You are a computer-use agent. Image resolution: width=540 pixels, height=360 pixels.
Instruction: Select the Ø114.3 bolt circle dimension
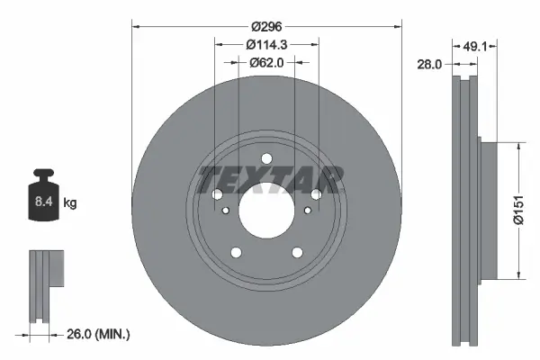(x=266, y=43)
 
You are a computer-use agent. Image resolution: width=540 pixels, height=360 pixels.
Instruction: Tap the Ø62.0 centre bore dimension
(x=266, y=62)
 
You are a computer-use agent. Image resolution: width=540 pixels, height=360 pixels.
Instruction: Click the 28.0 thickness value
(x=434, y=65)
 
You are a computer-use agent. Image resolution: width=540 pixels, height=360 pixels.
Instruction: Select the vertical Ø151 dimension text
(x=531, y=210)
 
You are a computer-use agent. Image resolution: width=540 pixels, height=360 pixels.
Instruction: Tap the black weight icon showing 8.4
(x=43, y=192)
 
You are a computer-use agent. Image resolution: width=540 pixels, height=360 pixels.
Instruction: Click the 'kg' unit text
(x=70, y=203)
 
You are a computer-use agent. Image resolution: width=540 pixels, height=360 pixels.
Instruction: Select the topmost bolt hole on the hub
(x=266, y=161)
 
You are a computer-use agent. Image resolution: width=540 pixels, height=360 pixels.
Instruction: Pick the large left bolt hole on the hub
(x=217, y=195)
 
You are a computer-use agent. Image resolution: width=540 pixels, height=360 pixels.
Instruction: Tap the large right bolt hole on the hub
(x=316, y=195)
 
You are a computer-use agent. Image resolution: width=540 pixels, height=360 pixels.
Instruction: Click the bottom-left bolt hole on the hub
(x=236, y=253)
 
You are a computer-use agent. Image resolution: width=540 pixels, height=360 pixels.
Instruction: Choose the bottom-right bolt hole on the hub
(x=297, y=253)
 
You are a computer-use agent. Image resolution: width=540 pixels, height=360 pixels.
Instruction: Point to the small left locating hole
(x=225, y=211)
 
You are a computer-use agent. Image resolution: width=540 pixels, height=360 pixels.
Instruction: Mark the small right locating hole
(x=308, y=211)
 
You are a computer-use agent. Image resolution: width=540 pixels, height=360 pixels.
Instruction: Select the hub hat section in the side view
(x=488, y=210)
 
